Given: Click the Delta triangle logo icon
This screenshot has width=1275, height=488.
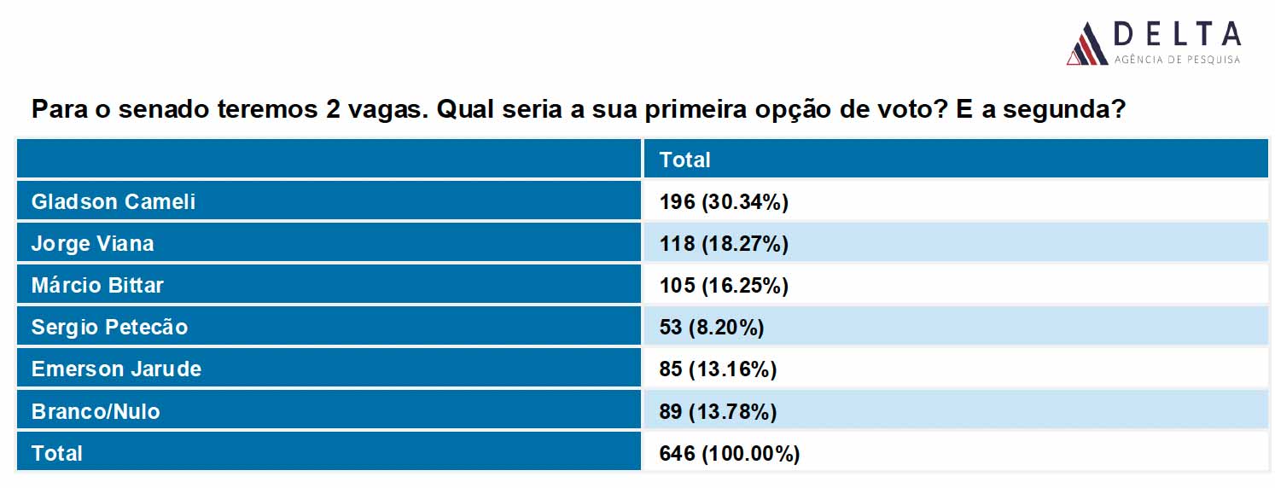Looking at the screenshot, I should (1087, 44).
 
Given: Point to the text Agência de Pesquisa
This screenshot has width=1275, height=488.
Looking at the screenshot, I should (1177, 60).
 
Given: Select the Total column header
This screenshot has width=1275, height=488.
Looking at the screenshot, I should (684, 160).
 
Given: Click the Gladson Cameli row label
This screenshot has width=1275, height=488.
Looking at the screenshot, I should (114, 201).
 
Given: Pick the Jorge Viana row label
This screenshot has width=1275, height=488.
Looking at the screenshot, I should (92, 243).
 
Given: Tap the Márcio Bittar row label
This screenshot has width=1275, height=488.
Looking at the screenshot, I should (97, 285).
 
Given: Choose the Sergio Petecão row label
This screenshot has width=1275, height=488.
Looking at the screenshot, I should (109, 327).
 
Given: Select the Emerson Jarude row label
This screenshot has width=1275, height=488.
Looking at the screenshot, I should (116, 369).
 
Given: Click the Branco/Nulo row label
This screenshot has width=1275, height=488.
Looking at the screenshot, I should (96, 411).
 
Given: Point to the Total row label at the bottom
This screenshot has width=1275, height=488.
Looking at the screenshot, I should (57, 453).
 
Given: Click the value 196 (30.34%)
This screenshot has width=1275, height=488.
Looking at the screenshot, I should (724, 201).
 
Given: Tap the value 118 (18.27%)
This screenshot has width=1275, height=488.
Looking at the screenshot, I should (724, 243).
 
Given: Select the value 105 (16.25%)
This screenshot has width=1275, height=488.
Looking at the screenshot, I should (724, 285).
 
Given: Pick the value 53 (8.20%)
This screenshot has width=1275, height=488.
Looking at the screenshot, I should (712, 327).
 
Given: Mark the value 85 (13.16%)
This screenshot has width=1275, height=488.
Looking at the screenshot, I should (718, 369).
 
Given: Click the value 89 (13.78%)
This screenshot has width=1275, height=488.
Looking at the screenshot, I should (718, 411).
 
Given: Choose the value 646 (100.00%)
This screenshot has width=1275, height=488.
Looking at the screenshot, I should (730, 453).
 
